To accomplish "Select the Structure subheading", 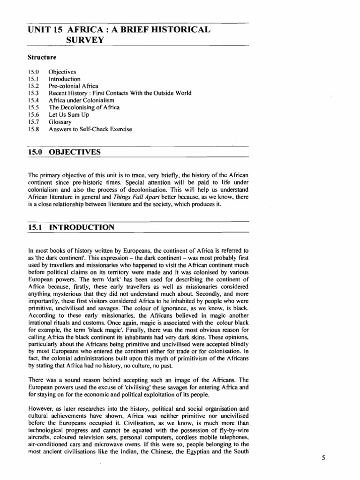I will coord(41,58).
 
